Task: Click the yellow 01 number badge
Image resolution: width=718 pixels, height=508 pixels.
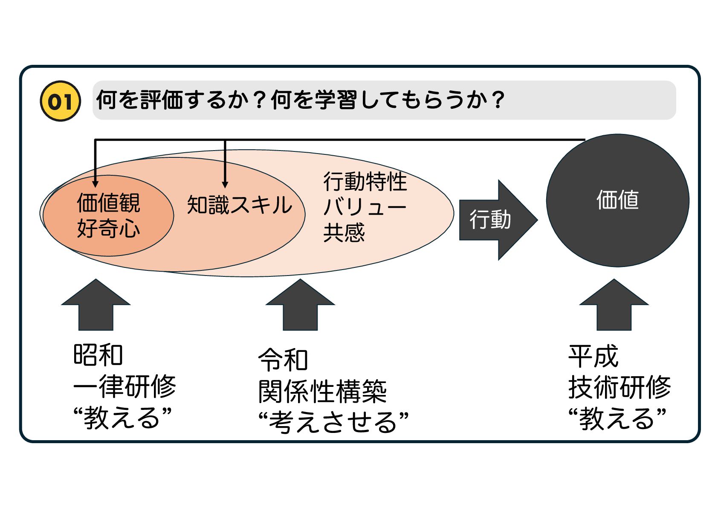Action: tap(60, 101)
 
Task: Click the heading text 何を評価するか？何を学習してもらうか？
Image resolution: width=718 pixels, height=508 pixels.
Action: tap(300, 100)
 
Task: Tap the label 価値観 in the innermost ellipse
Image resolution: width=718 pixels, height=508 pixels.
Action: tap(108, 203)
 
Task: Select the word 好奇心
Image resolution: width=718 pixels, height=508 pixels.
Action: tap(108, 229)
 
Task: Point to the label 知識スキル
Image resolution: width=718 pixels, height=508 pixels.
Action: tap(239, 205)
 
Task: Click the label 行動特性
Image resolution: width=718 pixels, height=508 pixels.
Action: tap(365, 182)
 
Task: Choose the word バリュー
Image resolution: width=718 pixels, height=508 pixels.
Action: tap(365, 208)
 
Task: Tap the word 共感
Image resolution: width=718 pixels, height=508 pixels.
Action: tap(344, 233)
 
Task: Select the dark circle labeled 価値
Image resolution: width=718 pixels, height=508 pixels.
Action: tap(617, 200)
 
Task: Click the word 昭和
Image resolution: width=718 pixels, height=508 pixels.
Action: tap(98, 355)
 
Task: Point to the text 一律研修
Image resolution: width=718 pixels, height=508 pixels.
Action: tap(124, 386)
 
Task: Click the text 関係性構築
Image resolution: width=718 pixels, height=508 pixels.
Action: tap(322, 392)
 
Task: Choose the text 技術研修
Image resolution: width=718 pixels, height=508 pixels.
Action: tap(620, 387)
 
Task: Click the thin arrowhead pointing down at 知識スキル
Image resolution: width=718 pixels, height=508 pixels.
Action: tap(225, 184)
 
